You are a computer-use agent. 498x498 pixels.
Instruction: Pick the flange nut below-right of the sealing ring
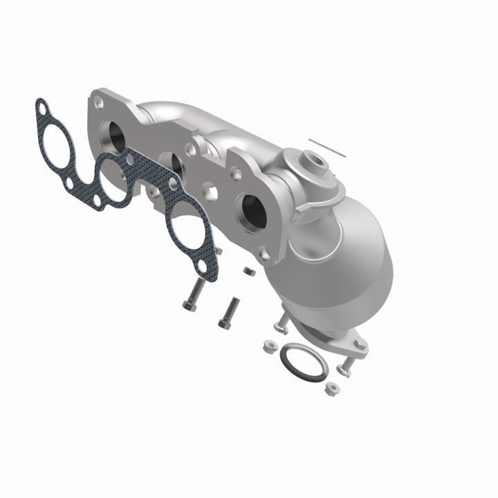333,389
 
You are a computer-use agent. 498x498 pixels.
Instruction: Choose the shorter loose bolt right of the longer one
230,313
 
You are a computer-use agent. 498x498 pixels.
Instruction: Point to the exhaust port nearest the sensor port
252,211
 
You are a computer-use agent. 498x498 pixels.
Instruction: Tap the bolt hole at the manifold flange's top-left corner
99,102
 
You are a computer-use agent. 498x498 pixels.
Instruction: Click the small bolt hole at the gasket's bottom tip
202,266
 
